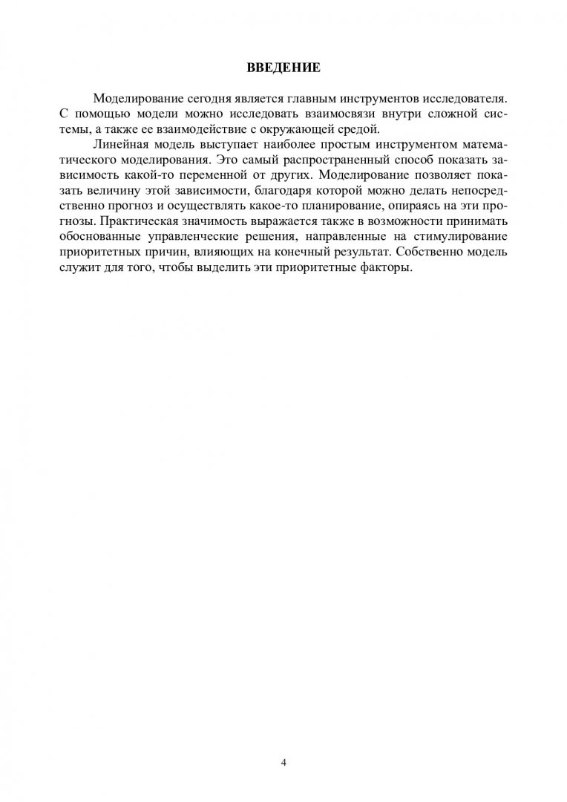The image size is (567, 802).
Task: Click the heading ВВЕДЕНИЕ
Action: [x=283, y=68]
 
